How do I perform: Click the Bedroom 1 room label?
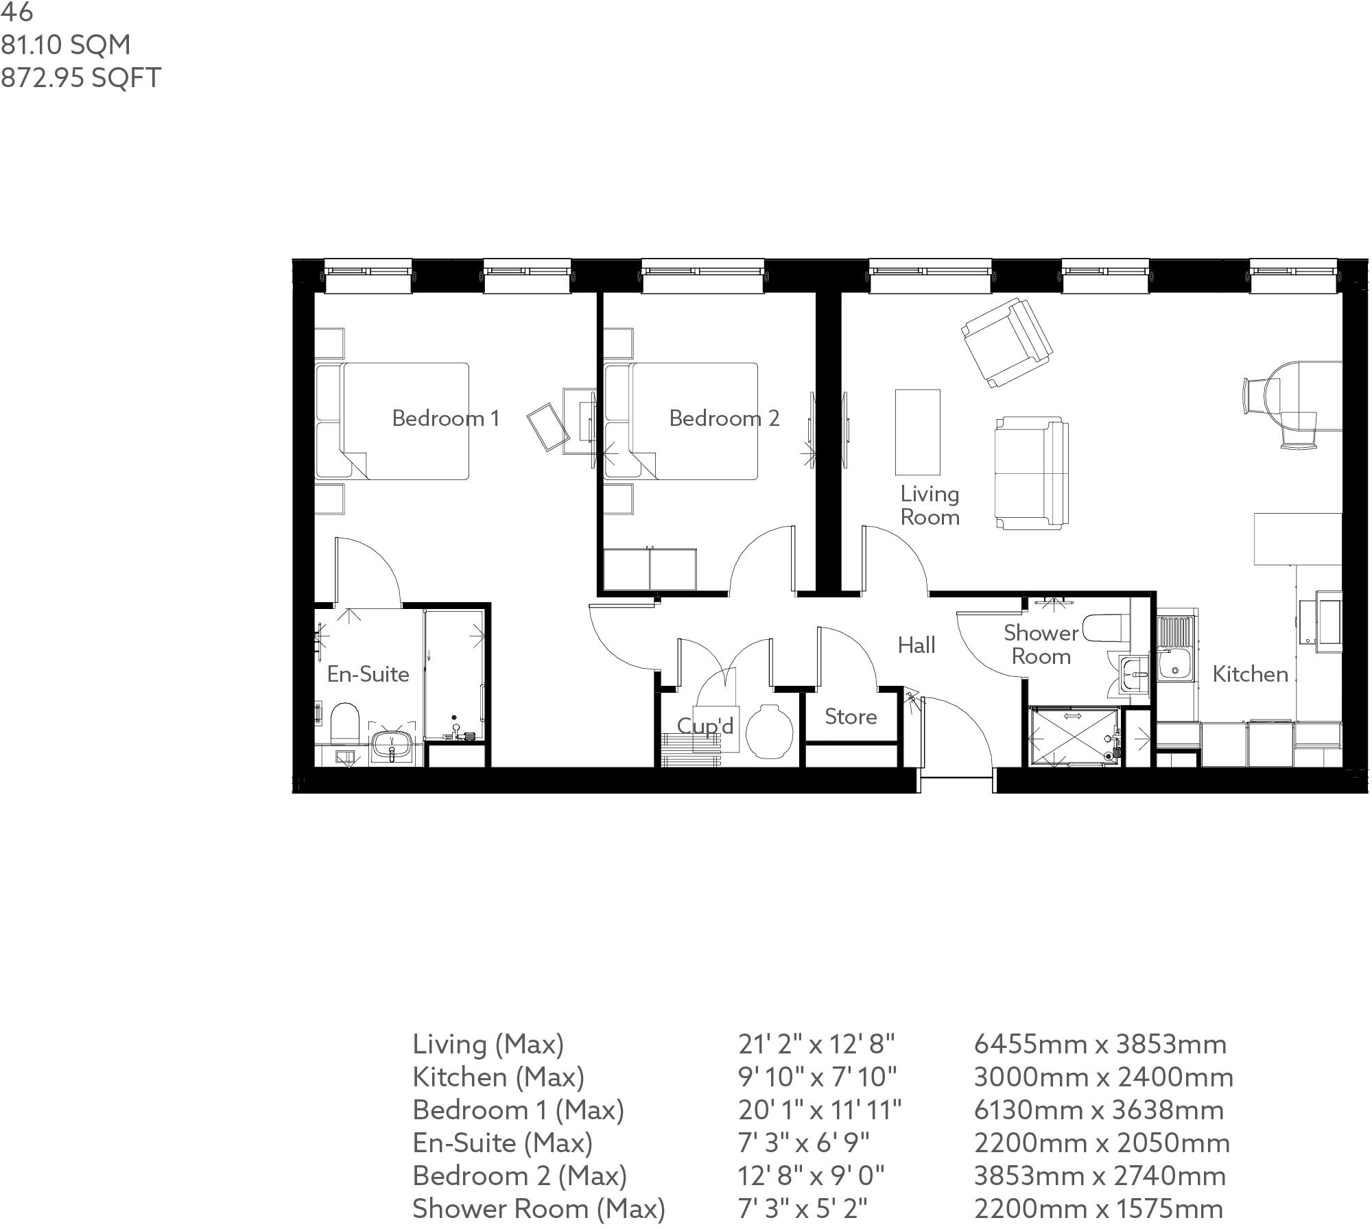[445, 418]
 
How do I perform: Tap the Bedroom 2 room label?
[724, 418]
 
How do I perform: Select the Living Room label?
[930, 505]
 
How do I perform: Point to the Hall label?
[916, 645]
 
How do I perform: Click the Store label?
[851, 717]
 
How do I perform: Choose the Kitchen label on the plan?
[1250, 674]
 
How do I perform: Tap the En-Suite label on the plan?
[368, 674]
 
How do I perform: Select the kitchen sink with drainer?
[1176, 649]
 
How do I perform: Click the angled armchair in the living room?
[1006, 342]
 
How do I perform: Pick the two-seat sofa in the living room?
[1031, 473]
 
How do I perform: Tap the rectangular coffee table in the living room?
[917, 432]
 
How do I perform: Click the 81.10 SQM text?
[65, 45]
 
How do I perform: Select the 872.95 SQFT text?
[80, 77]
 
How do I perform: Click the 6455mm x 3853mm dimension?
[1100, 1044]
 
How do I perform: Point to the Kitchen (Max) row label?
[498, 1077]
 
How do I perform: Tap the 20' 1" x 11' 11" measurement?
[819, 1110]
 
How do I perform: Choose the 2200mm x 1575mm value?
[1098, 1208]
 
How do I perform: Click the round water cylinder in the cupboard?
[769, 732]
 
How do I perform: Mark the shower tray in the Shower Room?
[1073, 738]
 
